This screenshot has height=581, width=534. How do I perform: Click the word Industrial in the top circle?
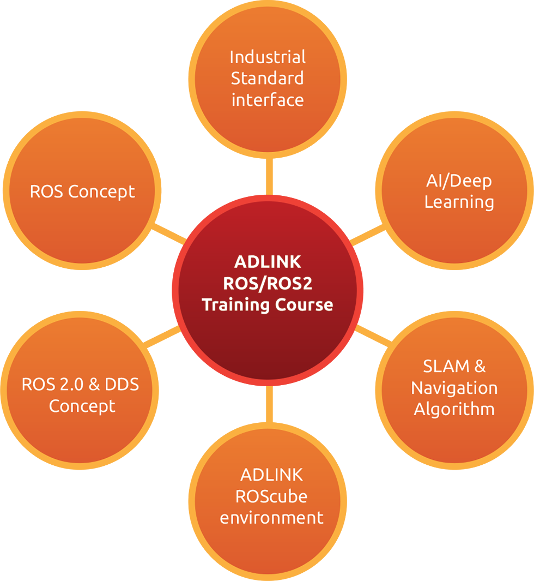click(x=268, y=57)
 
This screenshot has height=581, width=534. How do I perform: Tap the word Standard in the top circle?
click(x=267, y=78)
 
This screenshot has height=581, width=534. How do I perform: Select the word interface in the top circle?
click(x=268, y=100)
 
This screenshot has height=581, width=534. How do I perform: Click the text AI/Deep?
click(x=459, y=181)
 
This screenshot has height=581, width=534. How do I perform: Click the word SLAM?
click(x=446, y=367)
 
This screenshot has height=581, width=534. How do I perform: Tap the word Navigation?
click(x=454, y=388)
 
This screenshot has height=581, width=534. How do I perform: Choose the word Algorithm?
click(x=454, y=410)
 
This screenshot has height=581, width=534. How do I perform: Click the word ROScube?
click(x=271, y=496)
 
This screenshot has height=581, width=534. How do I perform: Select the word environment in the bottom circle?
click(x=271, y=518)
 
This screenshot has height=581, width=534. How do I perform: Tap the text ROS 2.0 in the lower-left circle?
click(x=52, y=385)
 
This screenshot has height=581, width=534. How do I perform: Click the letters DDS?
click(x=122, y=385)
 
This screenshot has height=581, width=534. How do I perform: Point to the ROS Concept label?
click(x=82, y=192)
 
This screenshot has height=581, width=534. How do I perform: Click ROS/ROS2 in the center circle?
click(x=268, y=284)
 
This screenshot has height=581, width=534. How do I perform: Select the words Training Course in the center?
click(x=267, y=306)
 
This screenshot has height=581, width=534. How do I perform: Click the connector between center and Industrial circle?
click(x=269, y=176)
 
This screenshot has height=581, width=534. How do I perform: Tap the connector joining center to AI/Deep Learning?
click(x=368, y=235)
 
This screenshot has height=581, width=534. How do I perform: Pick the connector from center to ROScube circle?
click(x=269, y=404)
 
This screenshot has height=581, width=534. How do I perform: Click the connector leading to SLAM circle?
click(x=374, y=336)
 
